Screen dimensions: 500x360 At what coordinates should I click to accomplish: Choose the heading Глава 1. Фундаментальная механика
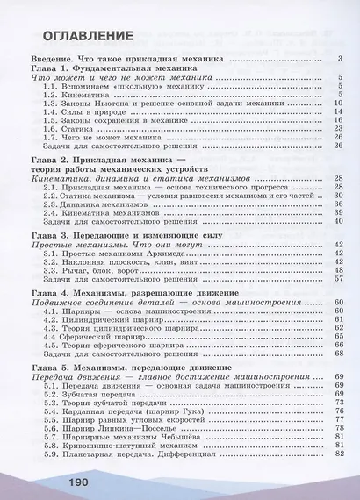coord(114,68)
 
